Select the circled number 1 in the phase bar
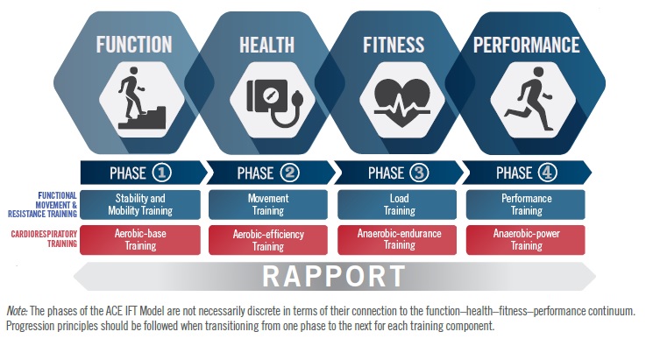pos(163,172)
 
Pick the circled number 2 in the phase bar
pos(292,172)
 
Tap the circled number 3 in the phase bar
pos(420,172)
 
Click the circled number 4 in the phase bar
pos(548,172)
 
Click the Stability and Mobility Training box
pos(140,205)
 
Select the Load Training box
pos(397,205)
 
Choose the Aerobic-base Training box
pos(140,240)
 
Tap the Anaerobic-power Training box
pos(526,240)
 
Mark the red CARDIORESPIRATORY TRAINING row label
pos(41,239)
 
